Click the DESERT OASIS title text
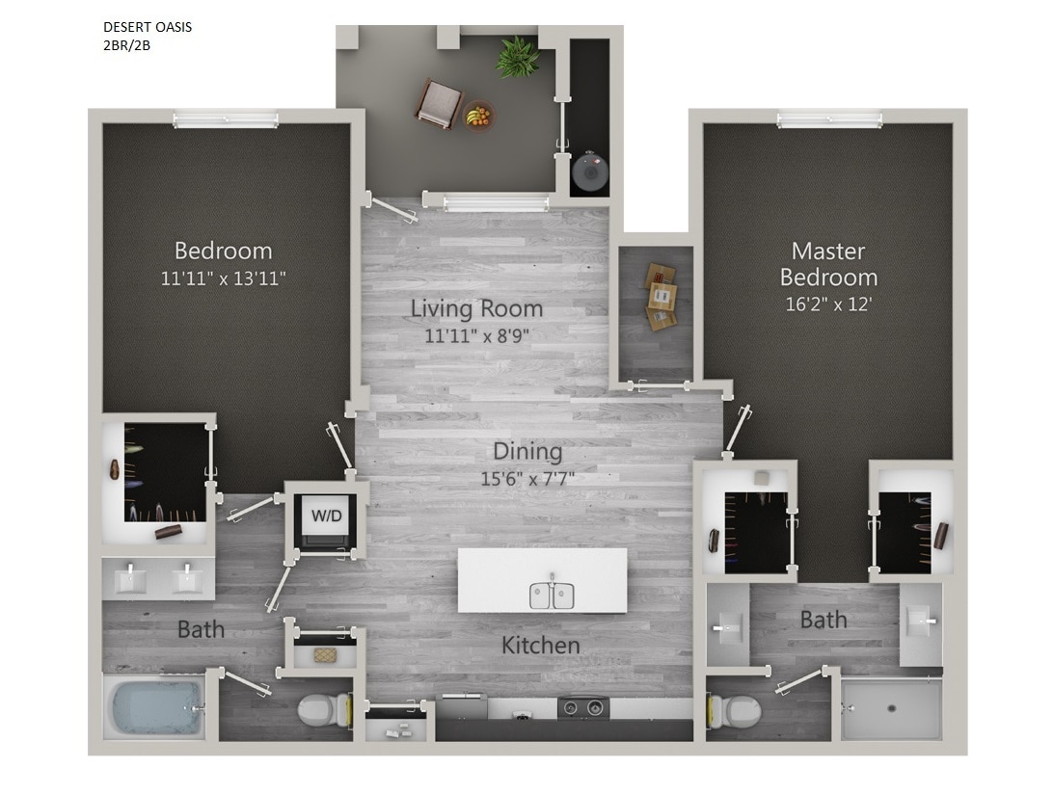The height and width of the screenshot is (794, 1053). click(147, 27)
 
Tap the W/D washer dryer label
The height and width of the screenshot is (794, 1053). click(326, 516)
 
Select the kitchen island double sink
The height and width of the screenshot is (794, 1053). click(551, 595)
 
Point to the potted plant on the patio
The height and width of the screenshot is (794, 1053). click(518, 58)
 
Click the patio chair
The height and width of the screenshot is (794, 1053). click(439, 103)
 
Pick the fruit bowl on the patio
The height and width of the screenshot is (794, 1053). click(477, 117)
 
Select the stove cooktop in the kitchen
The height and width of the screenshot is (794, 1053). click(583, 708)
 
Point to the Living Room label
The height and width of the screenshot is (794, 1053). click(476, 309)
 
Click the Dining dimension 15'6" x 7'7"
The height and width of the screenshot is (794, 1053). click(527, 478)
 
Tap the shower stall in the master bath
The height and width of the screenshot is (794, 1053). click(890, 708)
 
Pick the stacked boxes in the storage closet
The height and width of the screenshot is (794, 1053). click(661, 296)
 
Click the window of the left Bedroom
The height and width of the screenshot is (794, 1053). click(226, 119)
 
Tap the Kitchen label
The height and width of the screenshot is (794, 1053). click(540, 645)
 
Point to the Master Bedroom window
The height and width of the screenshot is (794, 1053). click(829, 119)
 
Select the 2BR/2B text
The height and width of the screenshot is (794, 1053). click(126, 44)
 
